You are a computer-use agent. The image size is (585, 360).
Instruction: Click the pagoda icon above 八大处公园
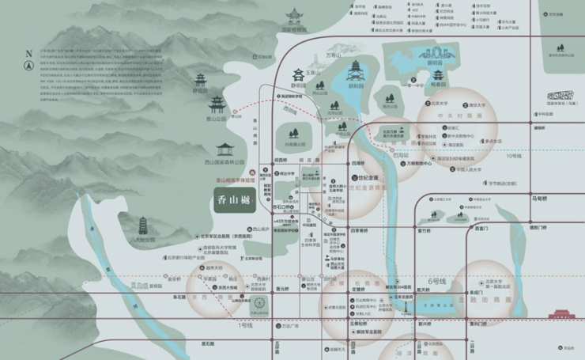(x=143, y=225)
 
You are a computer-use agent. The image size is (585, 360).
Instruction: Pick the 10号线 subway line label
(x=515, y=156)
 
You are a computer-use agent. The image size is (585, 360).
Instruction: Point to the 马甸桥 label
(x=539, y=199)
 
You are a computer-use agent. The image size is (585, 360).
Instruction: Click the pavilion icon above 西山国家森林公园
(x=225, y=149)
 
